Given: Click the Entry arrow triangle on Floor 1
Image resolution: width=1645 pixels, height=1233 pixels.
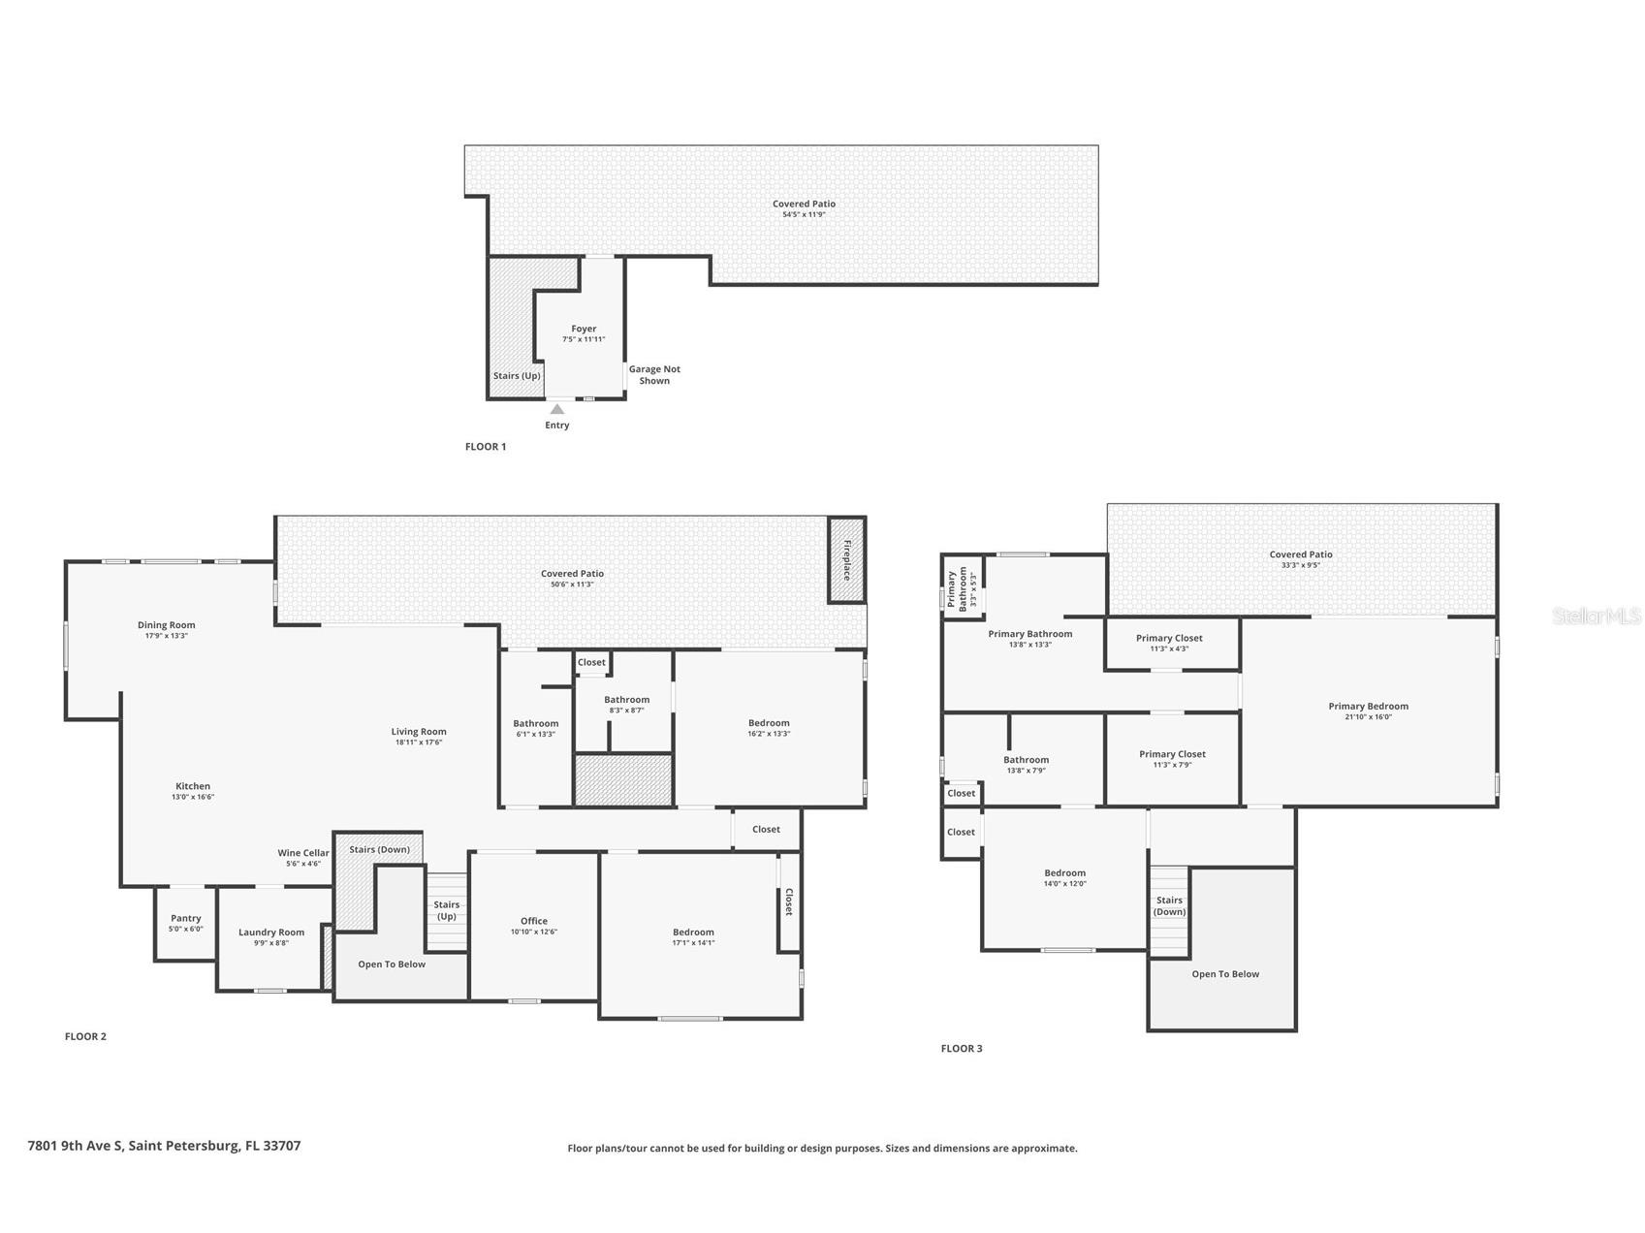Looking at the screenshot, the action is click(x=557, y=409).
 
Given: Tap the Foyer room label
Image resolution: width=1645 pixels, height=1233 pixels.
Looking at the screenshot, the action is click(x=584, y=329).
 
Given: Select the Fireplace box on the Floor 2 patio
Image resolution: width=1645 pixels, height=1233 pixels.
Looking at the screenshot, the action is click(x=846, y=559).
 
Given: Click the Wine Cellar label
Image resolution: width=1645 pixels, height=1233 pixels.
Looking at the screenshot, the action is click(x=303, y=853).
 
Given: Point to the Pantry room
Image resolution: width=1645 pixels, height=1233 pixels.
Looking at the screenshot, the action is click(x=185, y=923).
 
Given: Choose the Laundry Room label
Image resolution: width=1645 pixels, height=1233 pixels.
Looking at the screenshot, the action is click(x=271, y=933).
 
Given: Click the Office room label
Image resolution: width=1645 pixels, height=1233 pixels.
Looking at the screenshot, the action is click(x=534, y=921).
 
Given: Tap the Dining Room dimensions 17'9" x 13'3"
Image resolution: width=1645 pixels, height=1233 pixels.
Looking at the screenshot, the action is click(x=167, y=636).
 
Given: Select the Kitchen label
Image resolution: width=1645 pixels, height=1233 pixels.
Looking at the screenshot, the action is click(x=193, y=786).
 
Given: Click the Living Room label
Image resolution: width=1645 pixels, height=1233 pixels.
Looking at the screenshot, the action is click(x=419, y=732).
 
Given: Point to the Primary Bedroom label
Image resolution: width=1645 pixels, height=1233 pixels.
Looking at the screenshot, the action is click(x=1368, y=706).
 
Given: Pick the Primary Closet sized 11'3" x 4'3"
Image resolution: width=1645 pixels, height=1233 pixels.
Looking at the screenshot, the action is click(x=1170, y=643).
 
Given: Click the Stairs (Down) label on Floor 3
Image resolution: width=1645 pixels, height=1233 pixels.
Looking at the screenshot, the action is click(x=1170, y=905).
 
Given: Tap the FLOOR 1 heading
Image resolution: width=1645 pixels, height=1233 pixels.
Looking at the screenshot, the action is click(x=486, y=447).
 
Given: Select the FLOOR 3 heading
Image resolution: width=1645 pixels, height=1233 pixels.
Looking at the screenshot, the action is click(x=962, y=1048).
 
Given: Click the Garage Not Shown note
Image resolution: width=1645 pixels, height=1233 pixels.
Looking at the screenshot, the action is click(x=654, y=375).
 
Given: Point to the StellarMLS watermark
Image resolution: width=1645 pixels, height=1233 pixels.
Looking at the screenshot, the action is click(x=1597, y=616).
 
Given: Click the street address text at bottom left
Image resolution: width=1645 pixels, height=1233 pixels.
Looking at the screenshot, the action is click(x=165, y=1146).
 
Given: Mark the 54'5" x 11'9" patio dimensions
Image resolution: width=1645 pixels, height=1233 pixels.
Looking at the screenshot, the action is click(x=804, y=214).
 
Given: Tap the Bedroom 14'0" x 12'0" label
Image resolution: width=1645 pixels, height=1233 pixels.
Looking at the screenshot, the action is click(x=1064, y=877).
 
